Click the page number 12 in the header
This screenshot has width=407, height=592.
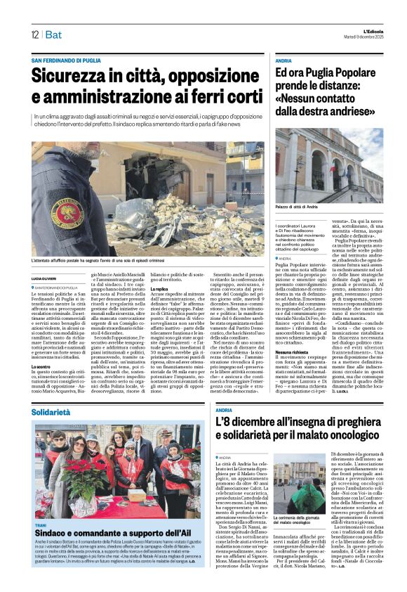coord(34,34)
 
